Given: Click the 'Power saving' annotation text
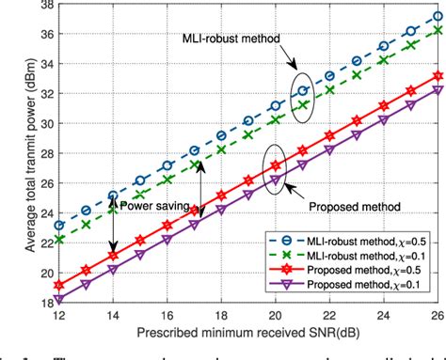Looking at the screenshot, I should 169,205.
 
